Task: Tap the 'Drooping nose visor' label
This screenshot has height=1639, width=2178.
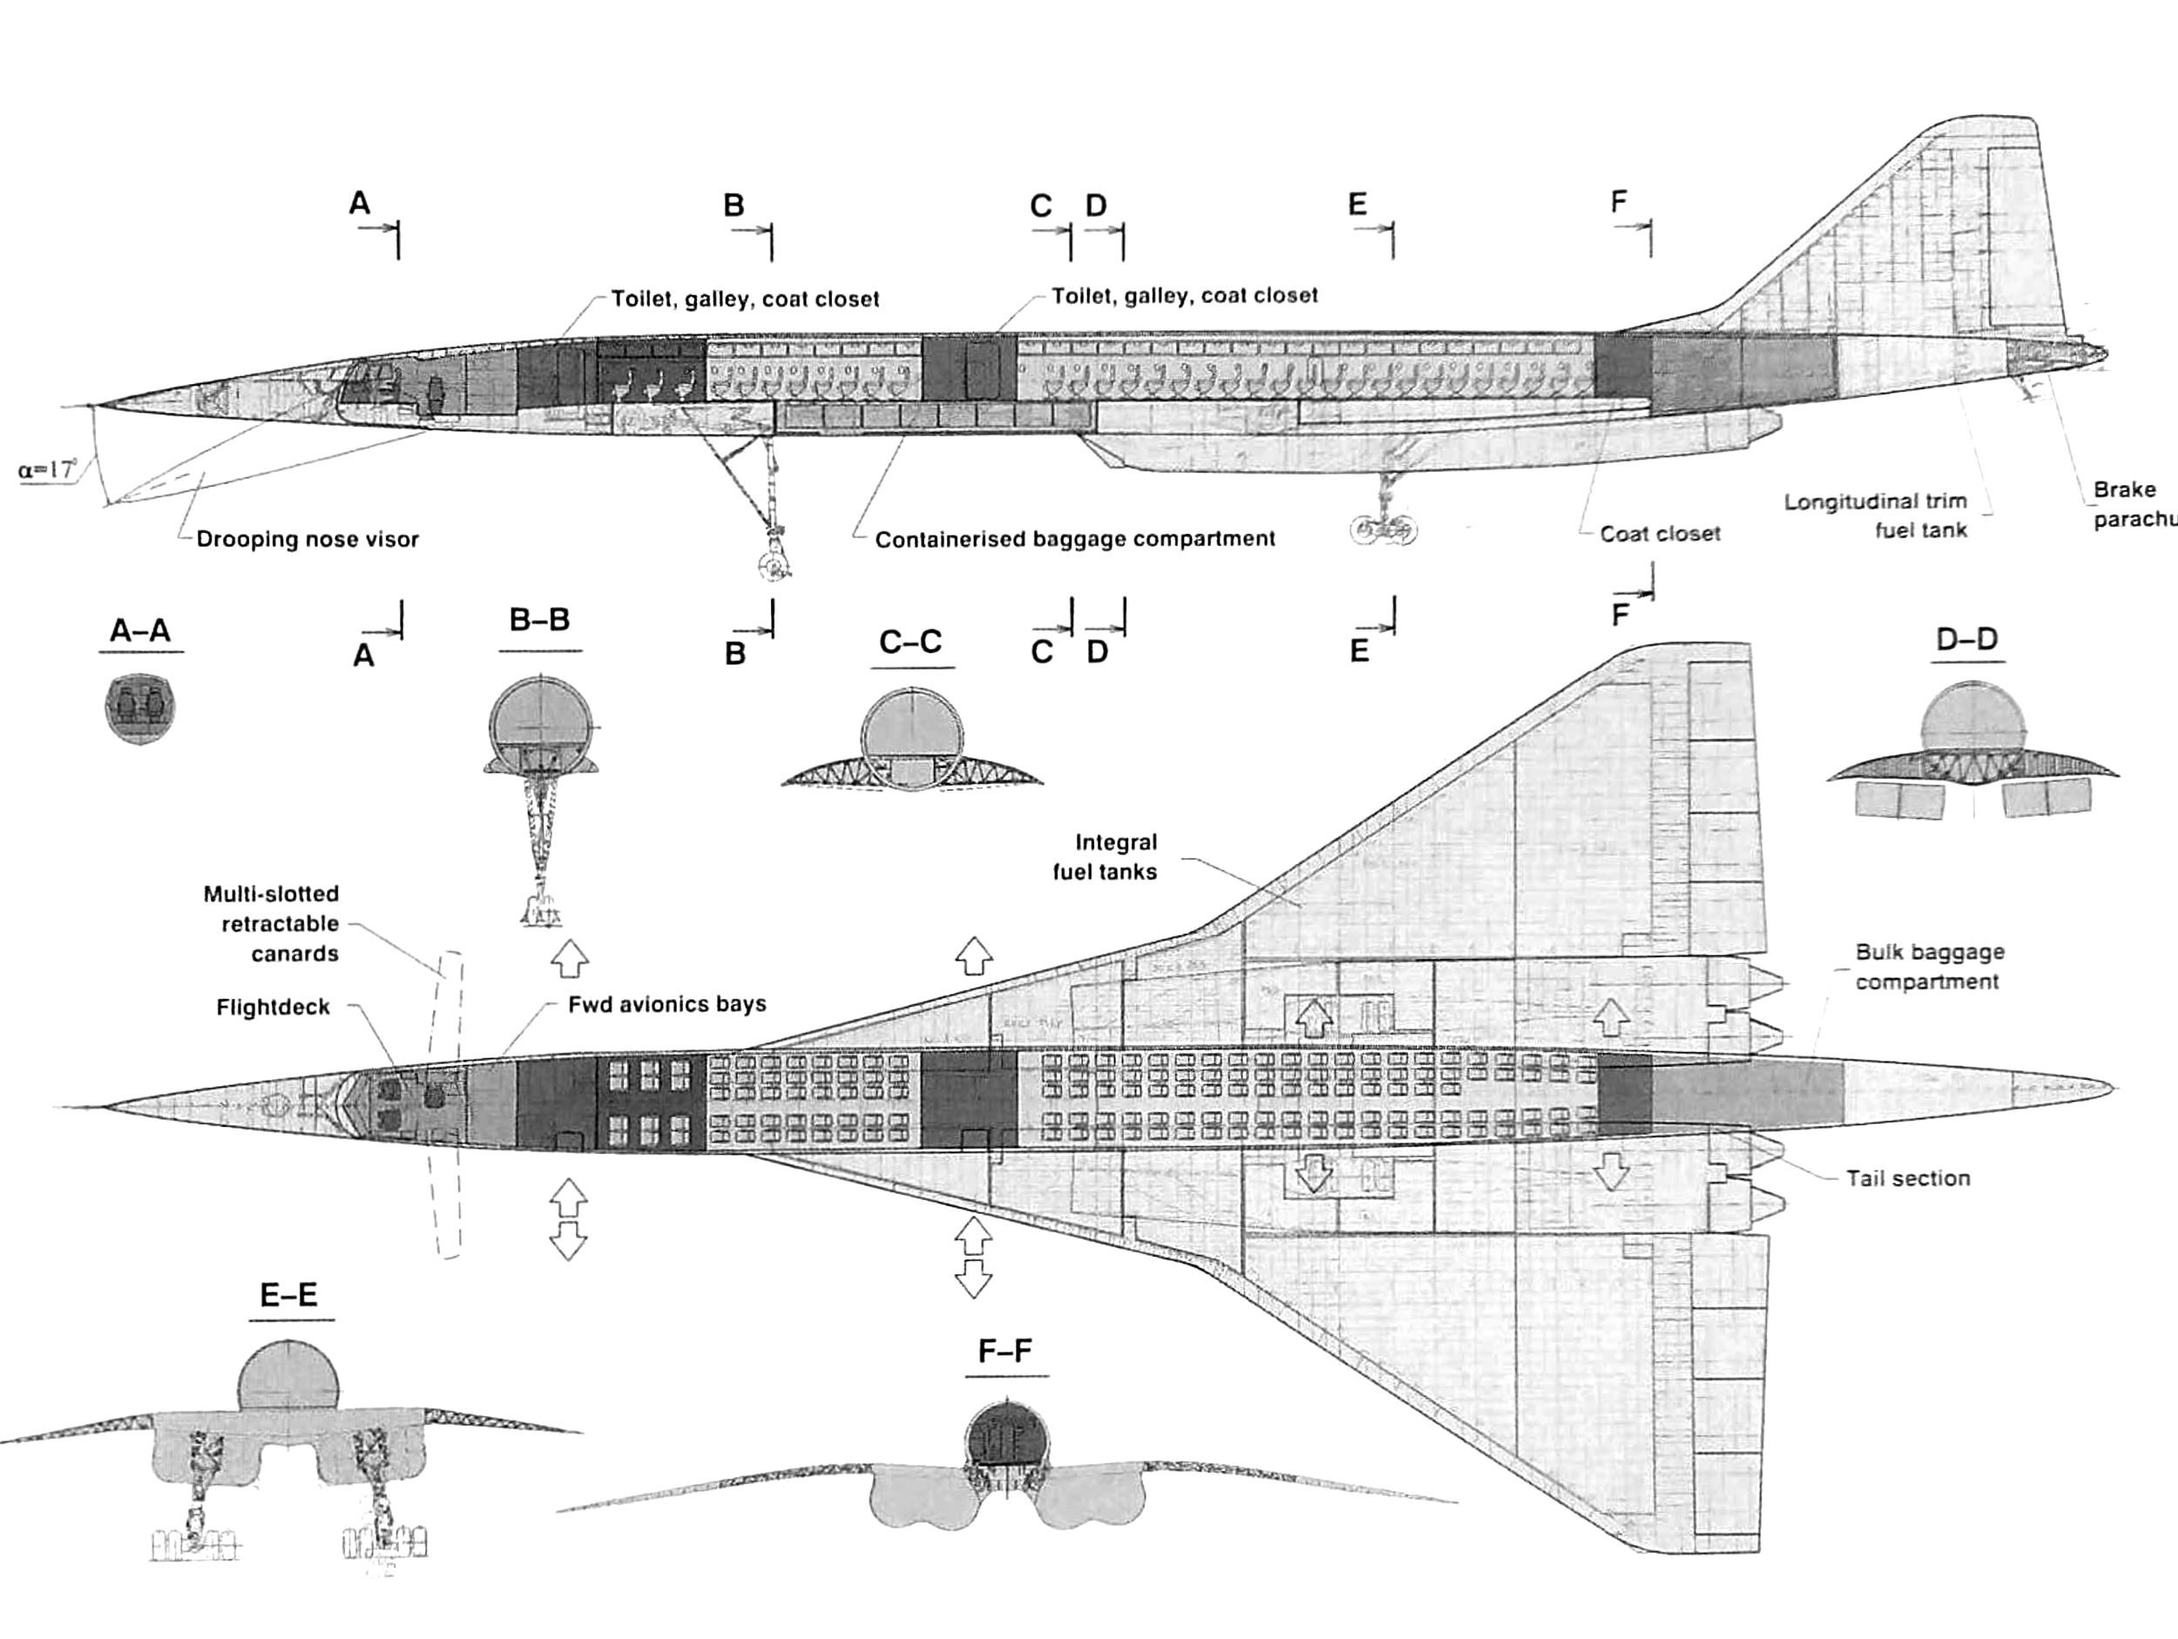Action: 308,539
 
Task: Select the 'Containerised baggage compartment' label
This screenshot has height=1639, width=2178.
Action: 1074,539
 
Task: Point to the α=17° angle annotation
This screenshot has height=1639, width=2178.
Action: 46,469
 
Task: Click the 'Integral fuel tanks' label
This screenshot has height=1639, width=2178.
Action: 1105,856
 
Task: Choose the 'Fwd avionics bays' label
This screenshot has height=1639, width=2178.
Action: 666,1004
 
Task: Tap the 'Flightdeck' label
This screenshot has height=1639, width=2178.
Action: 273,1007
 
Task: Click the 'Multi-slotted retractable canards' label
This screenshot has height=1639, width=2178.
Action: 271,923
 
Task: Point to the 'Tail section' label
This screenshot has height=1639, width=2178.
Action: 1907,1178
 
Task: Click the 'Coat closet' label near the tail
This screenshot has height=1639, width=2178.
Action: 1661,534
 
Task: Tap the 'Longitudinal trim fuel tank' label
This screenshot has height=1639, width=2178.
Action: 1876,516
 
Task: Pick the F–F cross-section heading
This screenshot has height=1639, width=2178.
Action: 1005,1351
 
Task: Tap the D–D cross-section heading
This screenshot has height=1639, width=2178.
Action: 1966,639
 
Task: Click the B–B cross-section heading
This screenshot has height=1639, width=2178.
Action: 539,620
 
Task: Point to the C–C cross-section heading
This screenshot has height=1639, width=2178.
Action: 910,642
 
